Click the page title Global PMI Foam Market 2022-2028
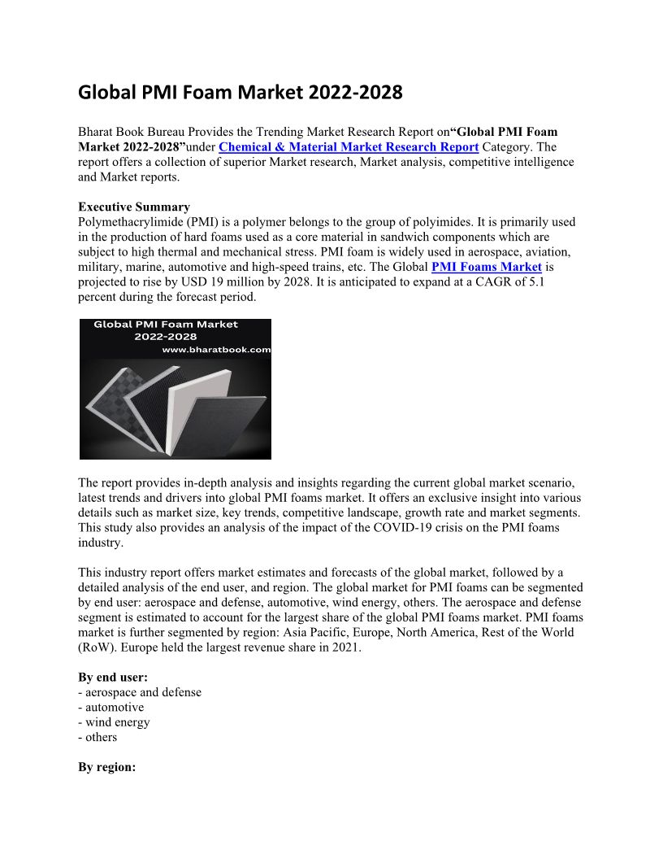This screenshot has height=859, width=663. point(240,93)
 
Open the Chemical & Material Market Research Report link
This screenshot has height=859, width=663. point(349,147)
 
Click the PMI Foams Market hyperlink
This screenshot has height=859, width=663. point(486,267)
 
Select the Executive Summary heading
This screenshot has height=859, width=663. point(134,207)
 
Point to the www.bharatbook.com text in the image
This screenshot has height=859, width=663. point(216,350)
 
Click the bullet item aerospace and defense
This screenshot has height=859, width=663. point(143,692)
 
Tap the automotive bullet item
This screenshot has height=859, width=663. point(115,708)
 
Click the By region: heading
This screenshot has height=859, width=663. point(106,767)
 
